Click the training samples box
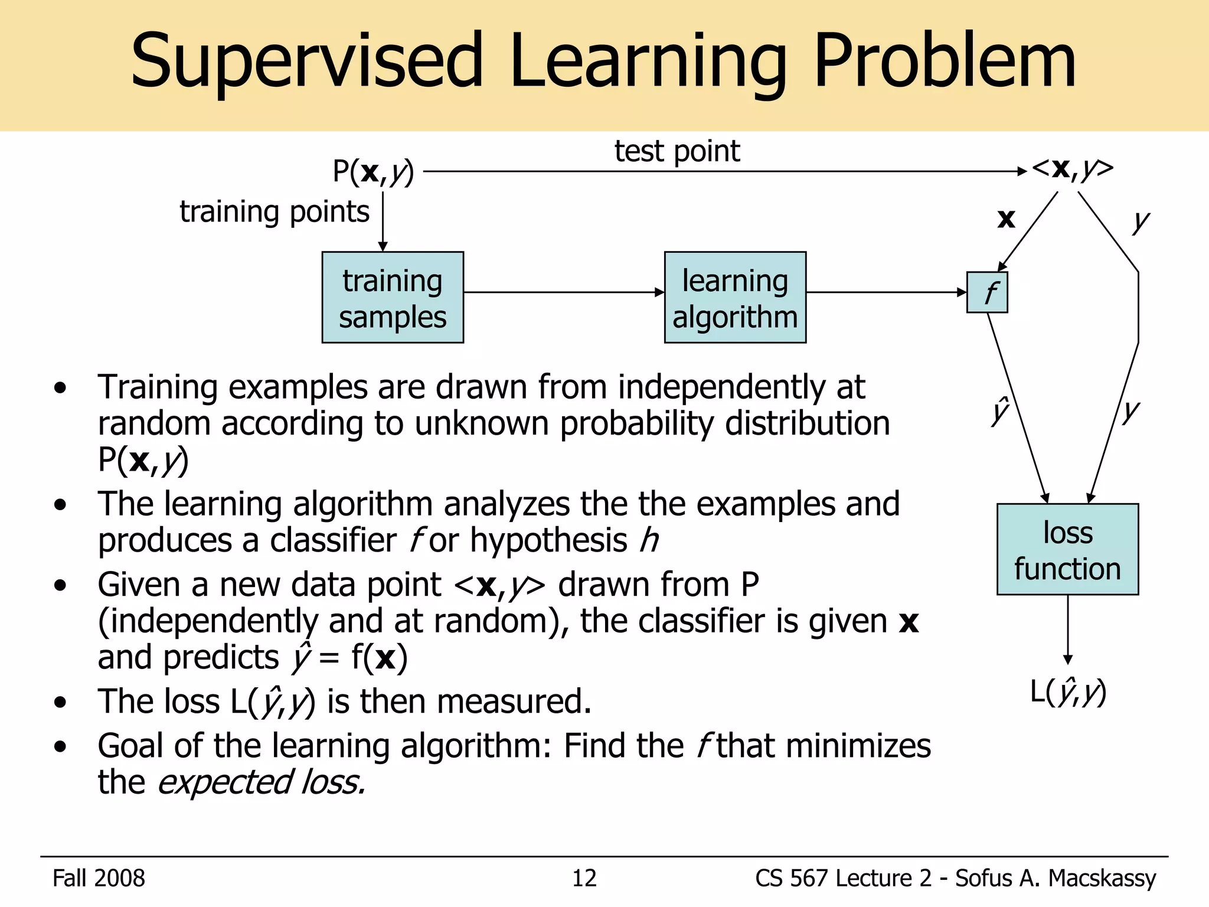pos(393,298)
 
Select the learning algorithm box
pos(735,298)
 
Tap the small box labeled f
pos(987,292)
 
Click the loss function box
pos(1067,549)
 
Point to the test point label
pos(677,151)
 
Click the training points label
pos(275,211)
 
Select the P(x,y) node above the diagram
pos(373,172)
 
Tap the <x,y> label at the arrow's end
pos(1072,169)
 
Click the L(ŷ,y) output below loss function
pos(1067,691)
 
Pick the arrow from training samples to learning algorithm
pos(564,292)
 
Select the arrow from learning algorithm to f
pos(885,292)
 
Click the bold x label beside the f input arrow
pos(1006,219)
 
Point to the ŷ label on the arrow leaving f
pos(1000,411)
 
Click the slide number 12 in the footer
pos(584,878)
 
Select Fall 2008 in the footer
pos(99,878)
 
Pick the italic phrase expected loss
pos(262,782)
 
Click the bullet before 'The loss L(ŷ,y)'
pos(60,703)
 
